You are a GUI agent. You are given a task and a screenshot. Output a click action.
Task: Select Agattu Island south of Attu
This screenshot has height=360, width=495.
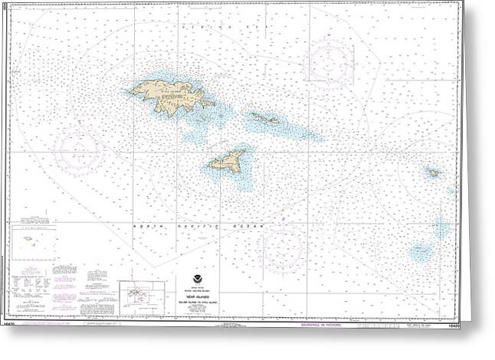[x=227, y=162]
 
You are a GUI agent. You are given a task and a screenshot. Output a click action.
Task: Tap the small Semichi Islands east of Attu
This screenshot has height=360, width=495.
[x=264, y=119]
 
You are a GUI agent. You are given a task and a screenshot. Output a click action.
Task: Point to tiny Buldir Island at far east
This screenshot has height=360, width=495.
[x=433, y=173]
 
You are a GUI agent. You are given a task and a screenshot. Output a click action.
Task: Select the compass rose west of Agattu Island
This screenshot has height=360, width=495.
[x=80, y=151]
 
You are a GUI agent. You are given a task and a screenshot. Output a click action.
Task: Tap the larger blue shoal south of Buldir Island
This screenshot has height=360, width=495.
[x=421, y=252]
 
